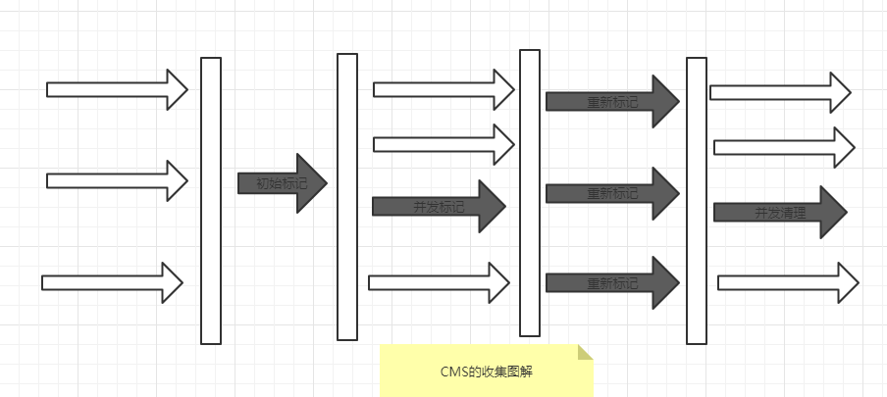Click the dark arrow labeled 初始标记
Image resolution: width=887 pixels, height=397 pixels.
(x=281, y=183)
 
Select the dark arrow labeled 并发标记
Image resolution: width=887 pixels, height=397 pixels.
(x=438, y=206)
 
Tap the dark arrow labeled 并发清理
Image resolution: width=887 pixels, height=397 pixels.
(x=779, y=212)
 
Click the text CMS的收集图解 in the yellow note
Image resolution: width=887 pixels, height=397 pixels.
(x=487, y=372)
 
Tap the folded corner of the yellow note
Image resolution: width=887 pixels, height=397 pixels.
(x=586, y=352)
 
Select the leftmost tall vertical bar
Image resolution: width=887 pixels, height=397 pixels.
(x=211, y=201)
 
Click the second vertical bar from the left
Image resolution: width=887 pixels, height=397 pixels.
(x=347, y=197)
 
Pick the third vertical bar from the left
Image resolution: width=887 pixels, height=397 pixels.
(x=530, y=193)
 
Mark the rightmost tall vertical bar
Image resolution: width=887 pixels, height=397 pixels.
(x=697, y=201)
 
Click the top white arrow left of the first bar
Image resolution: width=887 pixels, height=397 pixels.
(x=116, y=90)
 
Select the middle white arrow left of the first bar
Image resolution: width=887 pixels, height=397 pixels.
(x=116, y=180)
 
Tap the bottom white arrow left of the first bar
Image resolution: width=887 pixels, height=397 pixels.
(x=112, y=282)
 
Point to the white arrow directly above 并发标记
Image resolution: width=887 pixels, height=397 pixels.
(x=443, y=145)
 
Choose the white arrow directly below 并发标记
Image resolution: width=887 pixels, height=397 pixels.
(x=440, y=282)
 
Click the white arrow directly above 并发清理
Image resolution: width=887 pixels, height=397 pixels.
(x=783, y=147)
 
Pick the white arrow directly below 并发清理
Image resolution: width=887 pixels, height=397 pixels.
(x=788, y=282)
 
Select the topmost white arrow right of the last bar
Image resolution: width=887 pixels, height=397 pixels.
(x=780, y=92)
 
